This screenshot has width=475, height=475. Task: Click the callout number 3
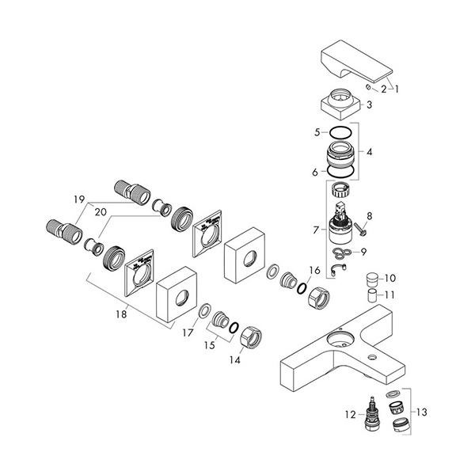tap(369, 104)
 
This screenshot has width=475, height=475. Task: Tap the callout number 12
tap(350, 414)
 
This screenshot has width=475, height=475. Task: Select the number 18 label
tap(121, 314)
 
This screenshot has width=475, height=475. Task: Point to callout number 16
tap(315, 270)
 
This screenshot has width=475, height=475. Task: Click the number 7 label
tap(316, 230)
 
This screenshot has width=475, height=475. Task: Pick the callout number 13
tap(422, 412)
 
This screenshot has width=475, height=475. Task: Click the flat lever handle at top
tap(356, 62)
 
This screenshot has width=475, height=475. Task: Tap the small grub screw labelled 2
tap(368, 88)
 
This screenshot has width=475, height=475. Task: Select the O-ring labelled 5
tap(340, 132)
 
